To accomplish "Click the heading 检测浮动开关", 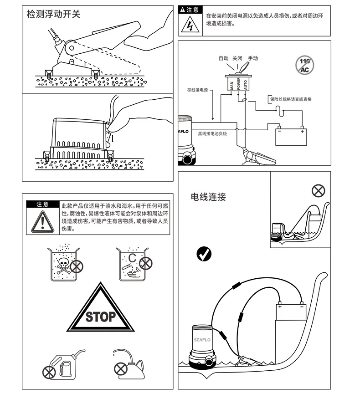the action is click(x=53, y=14).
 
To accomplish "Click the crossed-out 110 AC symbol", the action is click(x=304, y=65).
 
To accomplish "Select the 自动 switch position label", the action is click(x=224, y=58).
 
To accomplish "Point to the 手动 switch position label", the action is click(x=253, y=58).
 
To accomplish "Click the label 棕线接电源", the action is click(x=197, y=90).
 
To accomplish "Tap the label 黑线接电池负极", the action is click(x=212, y=133).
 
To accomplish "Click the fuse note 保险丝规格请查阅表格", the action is click(x=291, y=99).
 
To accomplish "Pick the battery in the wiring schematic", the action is click(x=291, y=136).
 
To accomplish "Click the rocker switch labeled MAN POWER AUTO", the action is click(x=238, y=83).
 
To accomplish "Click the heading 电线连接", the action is click(x=208, y=197).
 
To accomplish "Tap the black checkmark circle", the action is click(x=204, y=254).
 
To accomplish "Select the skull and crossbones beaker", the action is click(x=64, y=264).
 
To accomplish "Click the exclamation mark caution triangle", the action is click(x=42, y=222).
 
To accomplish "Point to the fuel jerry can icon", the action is click(x=64, y=364).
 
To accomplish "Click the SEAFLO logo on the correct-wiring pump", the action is click(x=202, y=340).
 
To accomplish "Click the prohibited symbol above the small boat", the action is click(x=318, y=191).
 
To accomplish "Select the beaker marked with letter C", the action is click(x=133, y=264).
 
